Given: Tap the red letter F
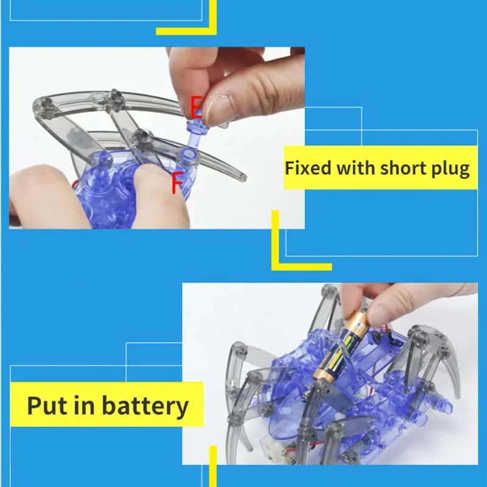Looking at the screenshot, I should point(177,183).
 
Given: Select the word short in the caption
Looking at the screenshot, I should point(402,167).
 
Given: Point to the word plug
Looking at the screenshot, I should point(450,169).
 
